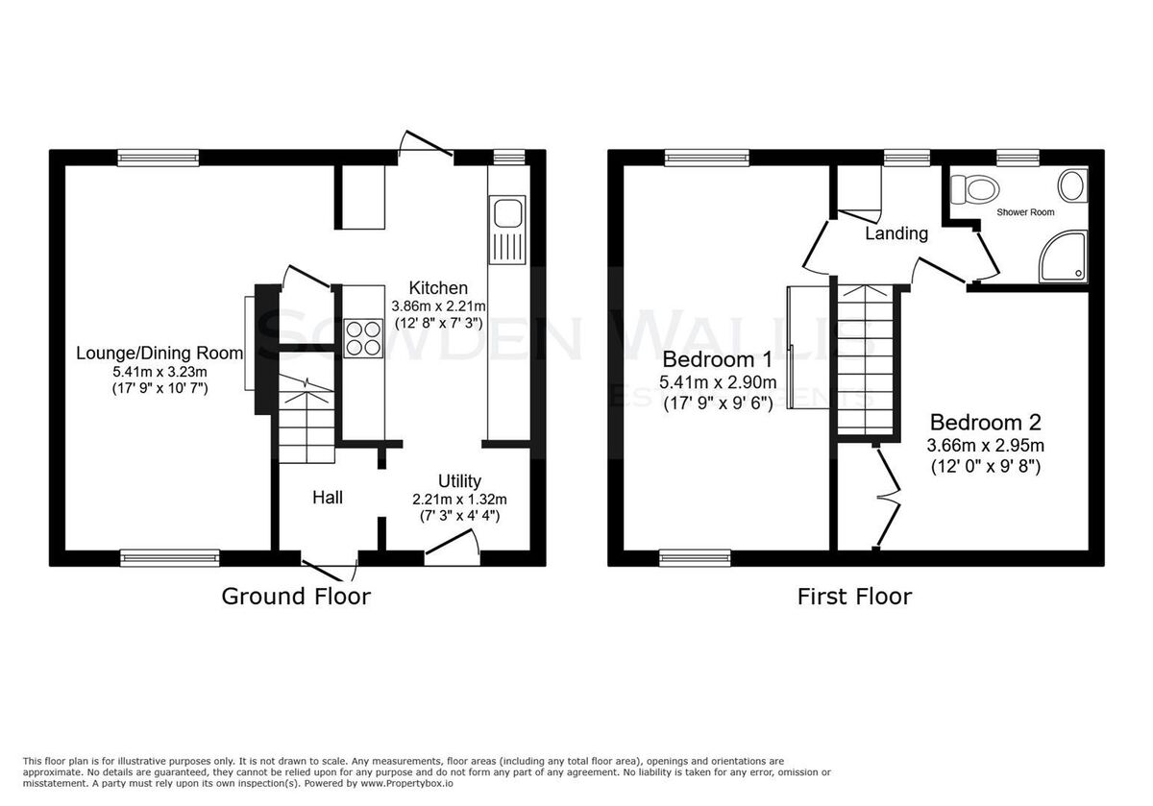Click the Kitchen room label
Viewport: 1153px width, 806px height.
pos(438,287)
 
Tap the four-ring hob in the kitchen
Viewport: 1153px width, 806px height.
pos(364,338)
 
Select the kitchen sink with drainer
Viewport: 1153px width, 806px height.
pos(507,230)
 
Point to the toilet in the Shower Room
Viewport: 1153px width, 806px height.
pos(974,189)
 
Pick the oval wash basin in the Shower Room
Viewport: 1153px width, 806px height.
pos(1072,185)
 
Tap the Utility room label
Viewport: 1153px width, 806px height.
pos(459,481)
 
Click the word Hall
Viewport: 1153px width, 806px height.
pos(328,498)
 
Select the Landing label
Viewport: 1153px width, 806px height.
pos(896,233)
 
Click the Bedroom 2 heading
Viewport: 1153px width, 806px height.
pos(986,423)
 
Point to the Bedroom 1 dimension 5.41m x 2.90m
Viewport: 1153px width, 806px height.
pos(718,382)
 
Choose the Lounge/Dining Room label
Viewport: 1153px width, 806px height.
pos(159,354)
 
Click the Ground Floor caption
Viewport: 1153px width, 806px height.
pos(296,597)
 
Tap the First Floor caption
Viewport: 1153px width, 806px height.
pos(854,597)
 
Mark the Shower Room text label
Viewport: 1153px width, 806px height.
pos(1025,212)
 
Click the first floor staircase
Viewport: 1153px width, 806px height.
pos(866,359)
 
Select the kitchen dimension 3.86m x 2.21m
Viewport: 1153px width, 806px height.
pos(438,306)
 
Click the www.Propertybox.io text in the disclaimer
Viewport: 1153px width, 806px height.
pos(406,784)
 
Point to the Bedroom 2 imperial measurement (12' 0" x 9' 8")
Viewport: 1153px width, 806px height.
pos(986,467)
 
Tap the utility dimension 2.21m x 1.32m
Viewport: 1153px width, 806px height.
pos(459,500)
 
